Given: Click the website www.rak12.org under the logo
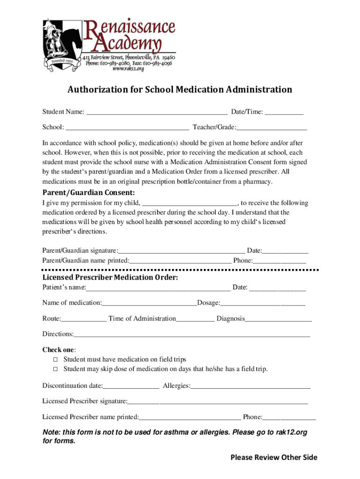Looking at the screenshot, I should point(128,69).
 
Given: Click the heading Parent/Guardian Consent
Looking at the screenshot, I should point(89,193).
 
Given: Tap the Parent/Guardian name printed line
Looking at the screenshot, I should point(180,261).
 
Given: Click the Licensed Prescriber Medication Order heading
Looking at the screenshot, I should point(110,277).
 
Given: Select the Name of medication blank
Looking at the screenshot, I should point(150,304).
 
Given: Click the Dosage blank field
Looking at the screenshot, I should point(263,304).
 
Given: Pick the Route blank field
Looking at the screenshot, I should point(84,319).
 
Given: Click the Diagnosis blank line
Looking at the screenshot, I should point(278,319).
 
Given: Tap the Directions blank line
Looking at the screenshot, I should point(192,335).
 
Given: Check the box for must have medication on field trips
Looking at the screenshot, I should point(55,360).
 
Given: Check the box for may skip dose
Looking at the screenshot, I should point(55,370).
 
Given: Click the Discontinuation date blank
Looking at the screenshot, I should point(131,387).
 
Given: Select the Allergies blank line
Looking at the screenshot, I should point(251,387).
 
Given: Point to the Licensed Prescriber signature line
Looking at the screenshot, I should point(218,402).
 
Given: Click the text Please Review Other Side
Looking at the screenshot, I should point(274,457).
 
